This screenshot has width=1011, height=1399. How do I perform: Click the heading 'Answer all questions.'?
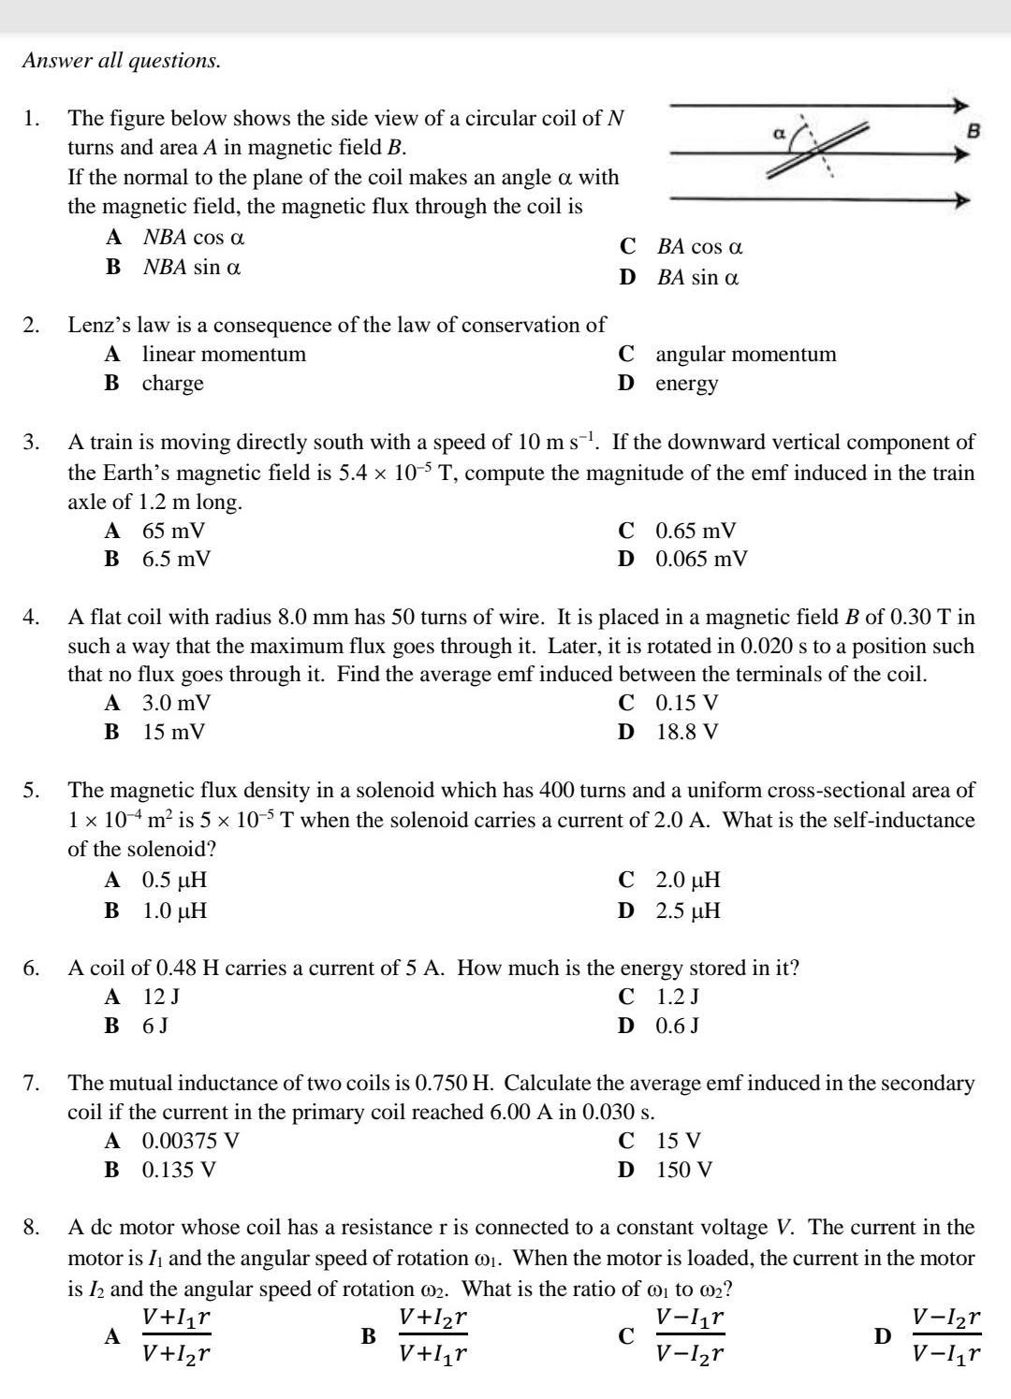[x=122, y=61]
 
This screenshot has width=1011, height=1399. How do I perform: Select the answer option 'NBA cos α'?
[x=194, y=238]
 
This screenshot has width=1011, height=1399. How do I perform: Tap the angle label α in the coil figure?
[x=777, y=134]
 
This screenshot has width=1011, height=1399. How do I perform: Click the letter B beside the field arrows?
[x=973, y=131]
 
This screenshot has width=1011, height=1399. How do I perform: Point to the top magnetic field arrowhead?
[x=961, y=107]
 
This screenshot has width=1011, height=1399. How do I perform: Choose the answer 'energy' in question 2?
[x=687, y=384]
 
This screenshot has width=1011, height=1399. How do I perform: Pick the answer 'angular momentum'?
[x=746, y=355]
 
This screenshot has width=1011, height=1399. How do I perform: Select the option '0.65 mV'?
[x=696, y=532]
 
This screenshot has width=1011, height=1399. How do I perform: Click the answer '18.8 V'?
[x=687, y=732]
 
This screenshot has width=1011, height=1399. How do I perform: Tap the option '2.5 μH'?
[x=688, y=911]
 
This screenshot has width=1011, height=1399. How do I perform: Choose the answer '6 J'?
[x=155, y=1026]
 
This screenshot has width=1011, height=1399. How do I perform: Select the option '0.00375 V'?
[x=191, y=1141]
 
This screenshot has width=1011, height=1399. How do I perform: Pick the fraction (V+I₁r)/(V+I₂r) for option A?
[x=176, y=1336]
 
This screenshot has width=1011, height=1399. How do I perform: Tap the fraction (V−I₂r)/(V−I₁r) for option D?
[x=946, y=1336]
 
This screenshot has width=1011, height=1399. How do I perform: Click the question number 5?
[x=31, y=791]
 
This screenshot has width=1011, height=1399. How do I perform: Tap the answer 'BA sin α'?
[x=697, y=278]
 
